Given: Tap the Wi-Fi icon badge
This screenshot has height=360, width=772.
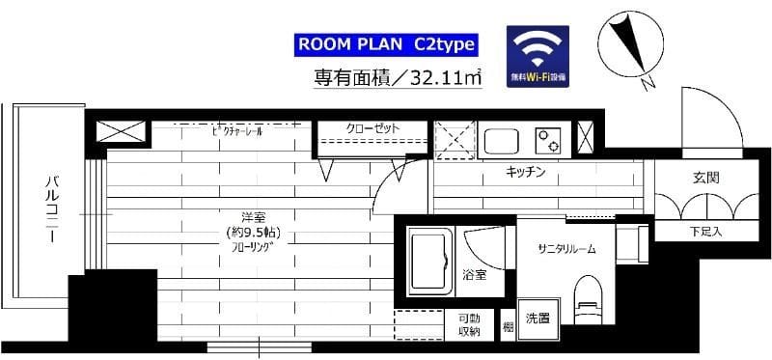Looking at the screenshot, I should (538, 57).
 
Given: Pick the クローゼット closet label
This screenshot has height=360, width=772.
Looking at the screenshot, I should (372, 128).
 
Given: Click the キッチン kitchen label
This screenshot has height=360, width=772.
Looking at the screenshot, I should (526, 173).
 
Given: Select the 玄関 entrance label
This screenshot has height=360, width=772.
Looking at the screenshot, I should (704, 179).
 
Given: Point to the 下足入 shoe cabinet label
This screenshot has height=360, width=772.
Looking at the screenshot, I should (705, 232).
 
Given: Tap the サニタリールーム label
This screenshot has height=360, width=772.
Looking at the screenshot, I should (565, 248).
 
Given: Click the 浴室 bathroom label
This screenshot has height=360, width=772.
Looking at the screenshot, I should (473, 275).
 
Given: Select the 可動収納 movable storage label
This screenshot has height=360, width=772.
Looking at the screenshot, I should (469, 325).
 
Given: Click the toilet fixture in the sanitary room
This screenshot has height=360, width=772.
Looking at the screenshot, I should (586, 294).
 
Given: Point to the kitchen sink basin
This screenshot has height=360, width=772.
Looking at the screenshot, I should (502, 142).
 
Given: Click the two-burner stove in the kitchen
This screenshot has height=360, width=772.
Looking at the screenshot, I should (549, 140).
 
